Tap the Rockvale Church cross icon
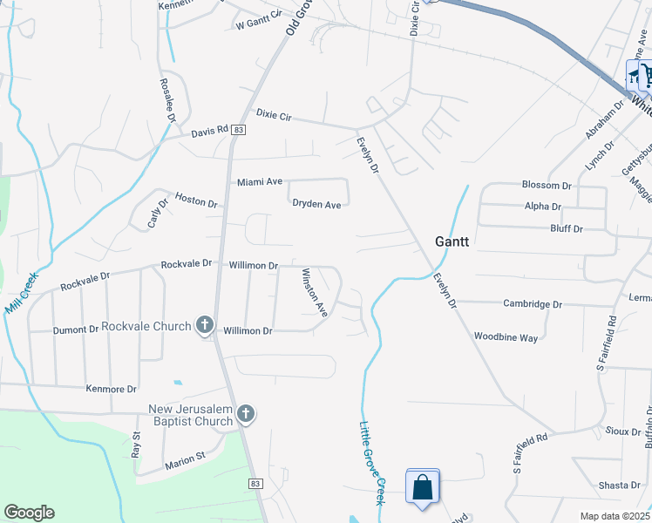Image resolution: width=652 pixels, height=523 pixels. [205, 326]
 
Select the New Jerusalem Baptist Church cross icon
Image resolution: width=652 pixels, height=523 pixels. [246, 415]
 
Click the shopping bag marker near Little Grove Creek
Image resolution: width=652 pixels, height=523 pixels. [423, 488]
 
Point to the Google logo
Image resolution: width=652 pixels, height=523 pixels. [29, 513]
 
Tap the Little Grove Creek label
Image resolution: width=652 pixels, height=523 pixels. [372, 463]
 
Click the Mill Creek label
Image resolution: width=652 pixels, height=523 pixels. [22, 293]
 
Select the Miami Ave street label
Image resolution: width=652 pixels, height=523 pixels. [260, 182]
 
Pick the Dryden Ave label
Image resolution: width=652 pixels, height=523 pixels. [316, 204]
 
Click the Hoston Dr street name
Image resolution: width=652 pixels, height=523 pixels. [195, 200]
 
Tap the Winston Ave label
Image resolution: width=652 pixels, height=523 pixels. [314, 292]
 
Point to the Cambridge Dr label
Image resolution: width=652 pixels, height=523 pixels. [533, 304]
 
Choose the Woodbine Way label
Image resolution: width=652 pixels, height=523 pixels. [506, 336]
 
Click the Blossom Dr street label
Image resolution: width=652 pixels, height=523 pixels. [546, 186]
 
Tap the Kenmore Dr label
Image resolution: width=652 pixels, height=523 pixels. [112, 389]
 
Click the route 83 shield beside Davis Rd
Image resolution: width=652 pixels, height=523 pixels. [239, 129]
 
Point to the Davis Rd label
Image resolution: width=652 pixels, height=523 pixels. [209, 132]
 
